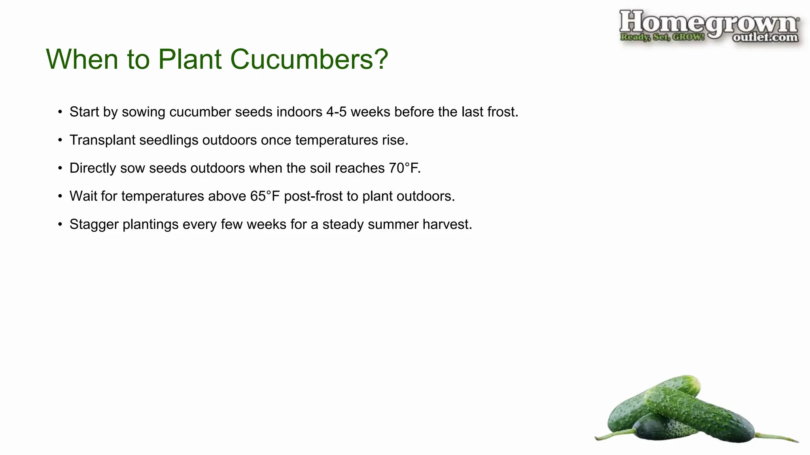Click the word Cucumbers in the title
[309, 59]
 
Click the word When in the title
[82, 59]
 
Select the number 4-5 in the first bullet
[336, 112]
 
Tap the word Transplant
[102, 140]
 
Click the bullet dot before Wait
[60, 196]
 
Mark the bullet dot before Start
[60, 112]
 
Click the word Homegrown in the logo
[708, 23]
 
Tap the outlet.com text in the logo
[765, 38]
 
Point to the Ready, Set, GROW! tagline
[662, 37]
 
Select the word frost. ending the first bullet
[502, 112]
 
